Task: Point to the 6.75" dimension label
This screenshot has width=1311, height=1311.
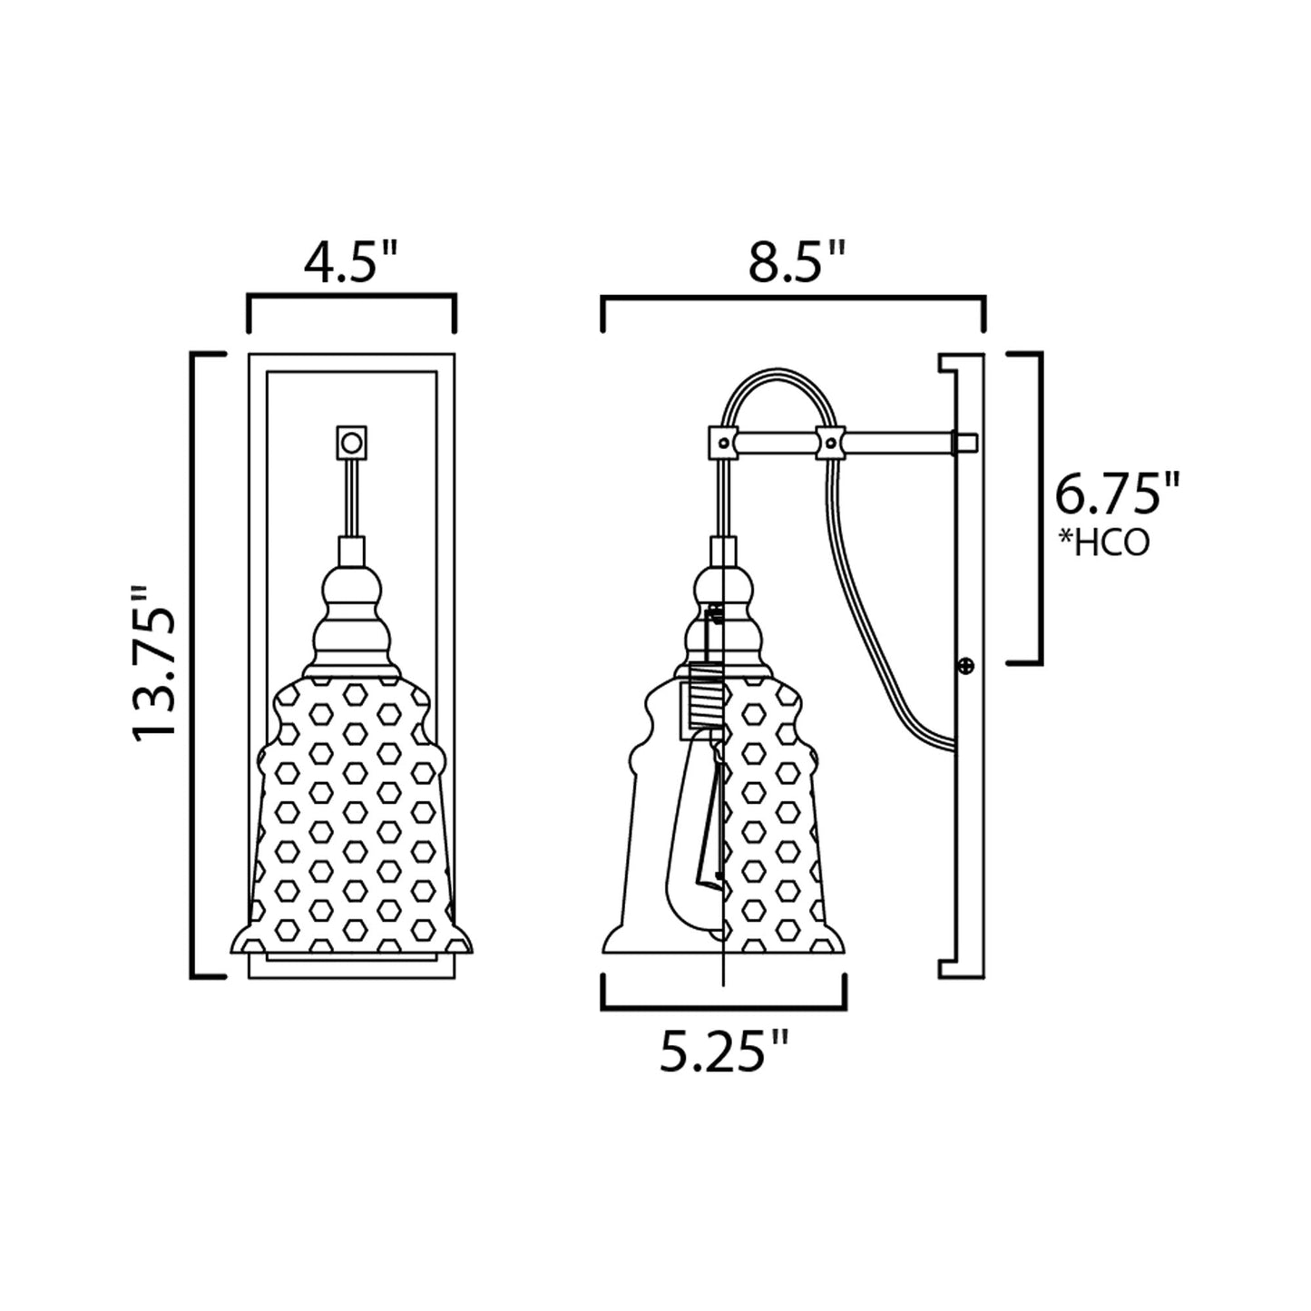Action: coord(1117,495)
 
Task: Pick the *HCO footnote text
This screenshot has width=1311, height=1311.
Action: coord(1103,543)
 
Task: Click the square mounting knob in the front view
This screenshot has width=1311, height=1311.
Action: coord(351,443)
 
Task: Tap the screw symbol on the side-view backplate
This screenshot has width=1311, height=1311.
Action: coord(966,667)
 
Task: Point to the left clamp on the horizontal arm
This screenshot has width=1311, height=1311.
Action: coord(722,443)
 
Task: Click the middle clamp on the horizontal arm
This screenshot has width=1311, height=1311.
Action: coord(830,443)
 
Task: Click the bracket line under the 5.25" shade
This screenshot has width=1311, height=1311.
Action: coord(724,1007)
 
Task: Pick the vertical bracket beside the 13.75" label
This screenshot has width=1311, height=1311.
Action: coord(193,663)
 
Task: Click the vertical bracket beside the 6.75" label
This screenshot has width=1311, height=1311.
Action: coord(1038,508)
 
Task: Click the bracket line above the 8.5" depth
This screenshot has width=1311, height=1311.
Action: coord(794,298)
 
